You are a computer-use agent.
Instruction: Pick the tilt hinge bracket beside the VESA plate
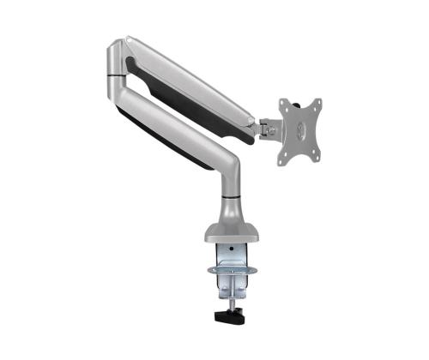[x=268, y=129]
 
